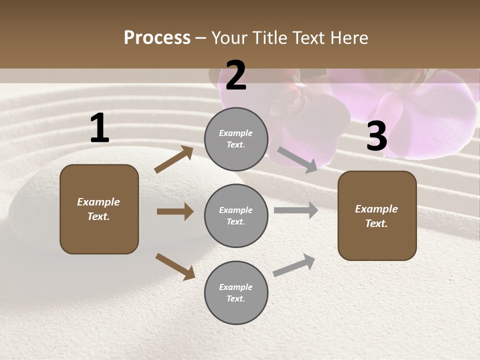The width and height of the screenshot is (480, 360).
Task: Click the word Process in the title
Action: click(157, 38)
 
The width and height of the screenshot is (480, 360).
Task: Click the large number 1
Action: click(99, 128)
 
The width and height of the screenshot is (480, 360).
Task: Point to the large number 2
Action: click(236, 75)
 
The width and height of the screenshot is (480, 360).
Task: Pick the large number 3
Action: click(376, 136)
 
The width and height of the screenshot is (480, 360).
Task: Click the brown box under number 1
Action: click(99, 209)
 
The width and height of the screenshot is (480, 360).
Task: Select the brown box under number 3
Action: click(377, 216)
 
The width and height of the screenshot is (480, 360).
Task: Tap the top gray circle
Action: click(236, 139)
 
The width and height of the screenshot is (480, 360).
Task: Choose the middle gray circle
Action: click(236, 215)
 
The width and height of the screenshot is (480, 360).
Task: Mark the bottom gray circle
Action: click(236, 292)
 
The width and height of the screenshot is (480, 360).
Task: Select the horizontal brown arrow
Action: click(175, 211)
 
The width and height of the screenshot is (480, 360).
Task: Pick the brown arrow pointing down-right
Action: click(175, 266)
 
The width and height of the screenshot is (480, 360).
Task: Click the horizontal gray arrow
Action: click(296, 210)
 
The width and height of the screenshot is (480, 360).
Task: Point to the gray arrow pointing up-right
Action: click(294, 265)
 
